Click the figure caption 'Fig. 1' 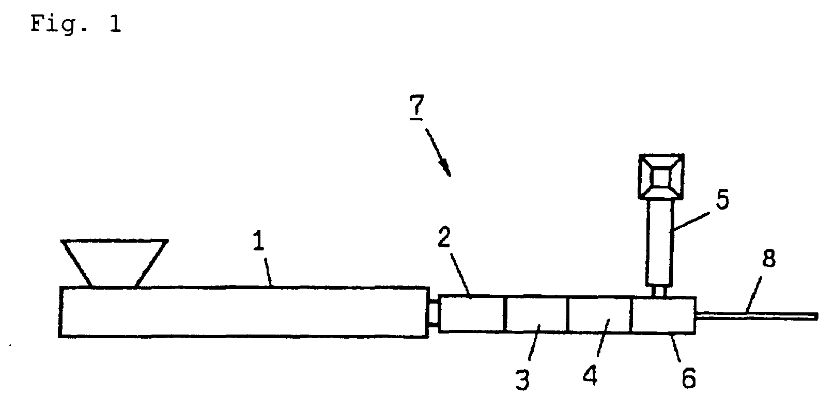76,24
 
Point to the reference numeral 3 523,380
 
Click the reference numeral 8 769,258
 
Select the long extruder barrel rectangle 243,311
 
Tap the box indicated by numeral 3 536,314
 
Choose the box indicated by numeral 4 599,314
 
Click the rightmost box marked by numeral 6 663,314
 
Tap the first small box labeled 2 471,314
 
